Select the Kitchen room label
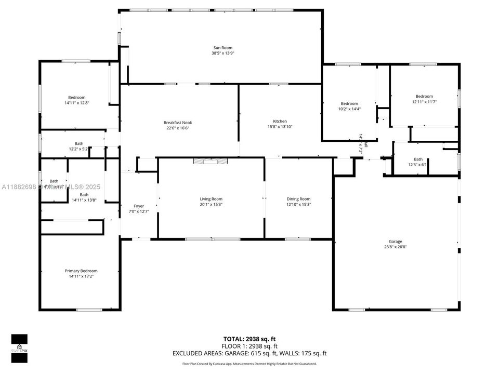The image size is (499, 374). [280, 121]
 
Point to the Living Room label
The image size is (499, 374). [211, 199]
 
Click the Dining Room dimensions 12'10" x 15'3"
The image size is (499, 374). [298, 204]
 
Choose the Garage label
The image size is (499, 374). [395, 242]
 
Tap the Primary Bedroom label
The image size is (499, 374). [81, 271]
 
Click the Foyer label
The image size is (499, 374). [139, 206]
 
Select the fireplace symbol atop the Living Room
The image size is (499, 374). [211, 162]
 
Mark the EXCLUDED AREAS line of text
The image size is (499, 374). [249, 353]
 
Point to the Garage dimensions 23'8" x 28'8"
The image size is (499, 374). [395, 247]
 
